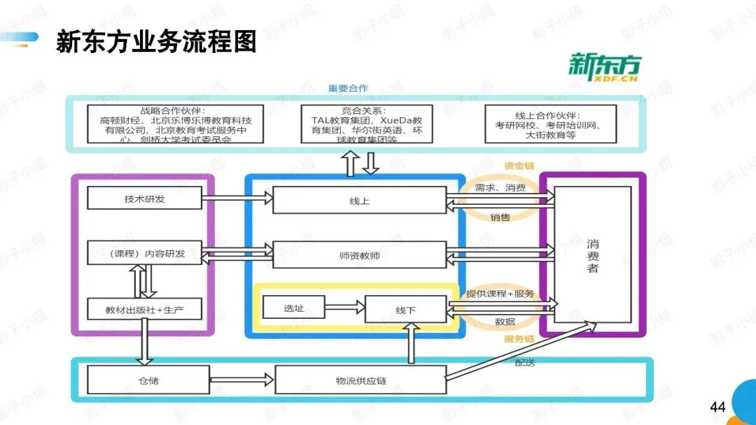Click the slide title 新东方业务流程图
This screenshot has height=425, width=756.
(155, 42)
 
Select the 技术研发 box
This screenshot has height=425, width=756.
(144, 199)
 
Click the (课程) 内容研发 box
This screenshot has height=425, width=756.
(144, 253)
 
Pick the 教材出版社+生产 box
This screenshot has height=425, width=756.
(144, 308)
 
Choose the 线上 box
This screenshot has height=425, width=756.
(359, 200)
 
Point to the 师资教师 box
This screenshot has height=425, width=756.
(359, 255)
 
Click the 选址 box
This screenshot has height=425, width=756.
(294, 307)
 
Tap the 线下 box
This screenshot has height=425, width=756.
(405, 309)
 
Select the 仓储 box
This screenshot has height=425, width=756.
(148, 381)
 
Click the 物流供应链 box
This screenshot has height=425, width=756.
(360, 381)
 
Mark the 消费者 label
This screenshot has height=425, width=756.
(593, 255)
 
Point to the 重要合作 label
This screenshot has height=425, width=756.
(348, 88)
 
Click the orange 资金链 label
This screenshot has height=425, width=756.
(519, 166)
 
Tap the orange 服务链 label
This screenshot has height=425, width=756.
(519, 339)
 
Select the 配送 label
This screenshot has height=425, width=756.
(525, 363)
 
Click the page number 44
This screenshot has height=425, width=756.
(717, 406)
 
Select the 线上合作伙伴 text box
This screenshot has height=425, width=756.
(551, 124)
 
